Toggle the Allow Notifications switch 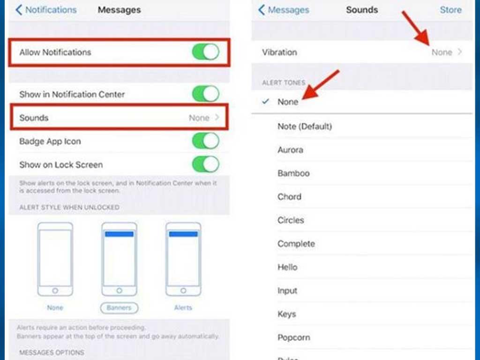[x=206, y=52]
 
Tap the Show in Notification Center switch [x=206, y=94]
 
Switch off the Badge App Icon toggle [x=206, y=141]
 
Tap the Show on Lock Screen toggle [x=206, y=165]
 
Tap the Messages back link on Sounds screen [x=284, y=10]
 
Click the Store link [x=450, y=10]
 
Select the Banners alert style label [x=119, y=308]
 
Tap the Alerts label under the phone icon [x=183, y=308]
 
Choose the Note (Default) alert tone [x=304, y=127]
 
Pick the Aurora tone [x=290, y=150]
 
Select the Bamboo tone [x=293, y=173]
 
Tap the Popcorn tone [x=293, y=337]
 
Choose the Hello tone [x=287, y=267]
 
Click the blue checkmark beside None [x=266, y=101]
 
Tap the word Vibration [x=279, y=52]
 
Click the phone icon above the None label [x=55, y=259]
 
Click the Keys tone [x=287, y=314]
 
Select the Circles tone [x=291, y=220]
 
